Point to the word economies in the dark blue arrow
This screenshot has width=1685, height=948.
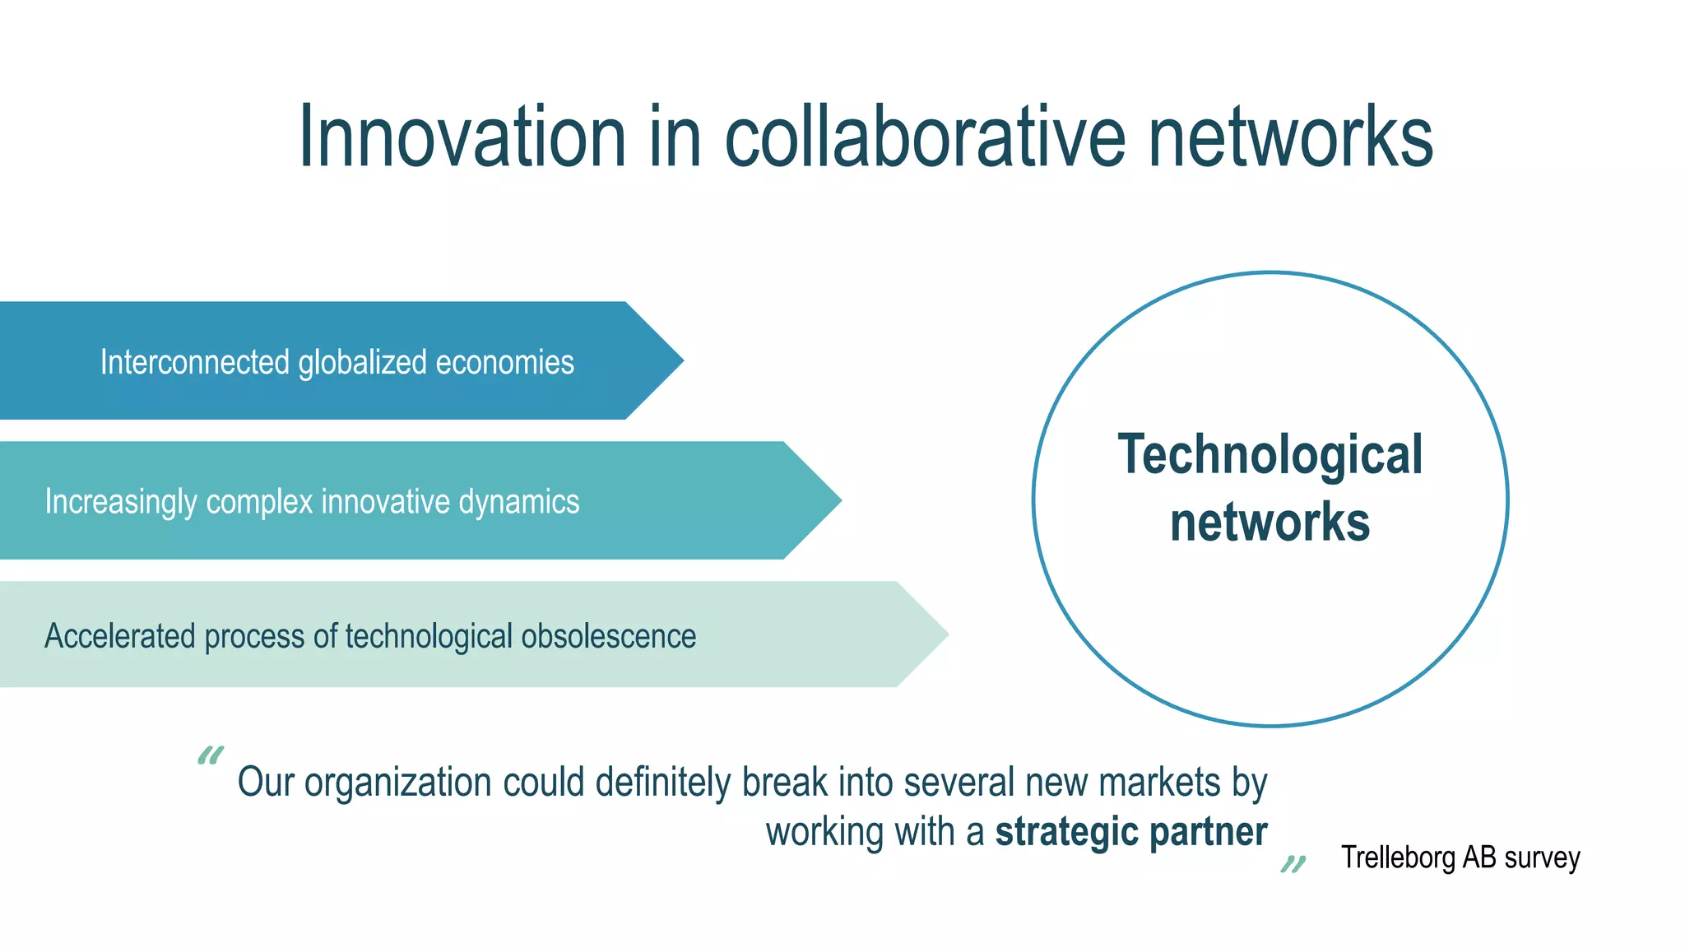(504, 362)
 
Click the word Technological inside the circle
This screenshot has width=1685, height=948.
(1270, 455)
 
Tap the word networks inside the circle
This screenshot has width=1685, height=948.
(1270, 523)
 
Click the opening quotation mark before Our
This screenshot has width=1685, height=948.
(211, 755)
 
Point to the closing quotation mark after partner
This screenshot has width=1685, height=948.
(1293, 863)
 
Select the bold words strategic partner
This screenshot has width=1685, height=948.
(1131, 832)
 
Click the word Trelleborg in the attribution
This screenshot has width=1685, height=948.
(1399, 857)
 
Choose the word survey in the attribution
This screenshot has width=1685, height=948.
(1542, 857)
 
